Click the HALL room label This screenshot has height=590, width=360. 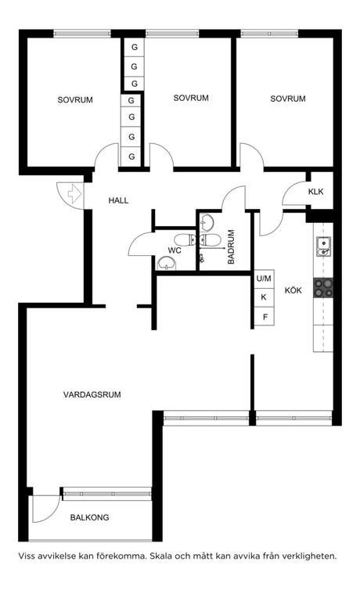coord(118,200)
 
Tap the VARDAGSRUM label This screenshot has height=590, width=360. coord(92,395)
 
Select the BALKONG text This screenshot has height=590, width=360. coord(89,518)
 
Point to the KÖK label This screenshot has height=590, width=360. coord(293,290)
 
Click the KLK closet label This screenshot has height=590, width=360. coord(315,192)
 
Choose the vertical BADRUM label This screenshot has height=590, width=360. coord(231,247)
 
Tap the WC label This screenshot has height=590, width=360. coord(175,251)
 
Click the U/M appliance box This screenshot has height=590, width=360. coord(264,279)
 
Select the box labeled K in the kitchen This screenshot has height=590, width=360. coord(264,297)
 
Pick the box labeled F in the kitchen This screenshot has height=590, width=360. coord(265,317)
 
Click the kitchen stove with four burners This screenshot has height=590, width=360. coord(323,287)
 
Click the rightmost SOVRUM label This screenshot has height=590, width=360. coord(288,99)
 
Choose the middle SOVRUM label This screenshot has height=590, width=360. coord(191,99)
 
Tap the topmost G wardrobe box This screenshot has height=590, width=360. coord(134,47)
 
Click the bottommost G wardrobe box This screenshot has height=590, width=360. coord(131,156)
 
